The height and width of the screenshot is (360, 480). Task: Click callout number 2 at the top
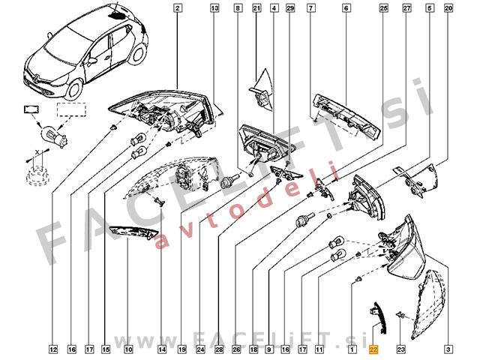pos(178,8)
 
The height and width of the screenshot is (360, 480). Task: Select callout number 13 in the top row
pos(214,8)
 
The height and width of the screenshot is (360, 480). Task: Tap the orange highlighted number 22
pos(374,349)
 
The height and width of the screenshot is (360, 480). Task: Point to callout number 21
pos(256,8)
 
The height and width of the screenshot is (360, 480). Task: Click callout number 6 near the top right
pos(346,8)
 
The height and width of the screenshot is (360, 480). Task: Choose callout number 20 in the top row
pos(448,8)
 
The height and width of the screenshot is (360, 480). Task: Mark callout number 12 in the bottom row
pos(53,349)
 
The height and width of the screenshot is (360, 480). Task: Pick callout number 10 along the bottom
pos(128,349)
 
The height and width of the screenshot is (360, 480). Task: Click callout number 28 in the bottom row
pos(220,349)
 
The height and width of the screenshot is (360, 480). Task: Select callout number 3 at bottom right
pos(448,349)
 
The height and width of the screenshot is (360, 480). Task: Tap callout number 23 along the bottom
pos(400,349)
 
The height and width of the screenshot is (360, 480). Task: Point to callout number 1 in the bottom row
pos(352,349)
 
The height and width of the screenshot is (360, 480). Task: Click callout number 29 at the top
pos(290,8)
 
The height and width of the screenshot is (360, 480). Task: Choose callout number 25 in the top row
pos(383,8)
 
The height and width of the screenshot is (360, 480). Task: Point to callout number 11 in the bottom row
pos(319,349)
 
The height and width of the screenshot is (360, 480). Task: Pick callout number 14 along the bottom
pos(162,349)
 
